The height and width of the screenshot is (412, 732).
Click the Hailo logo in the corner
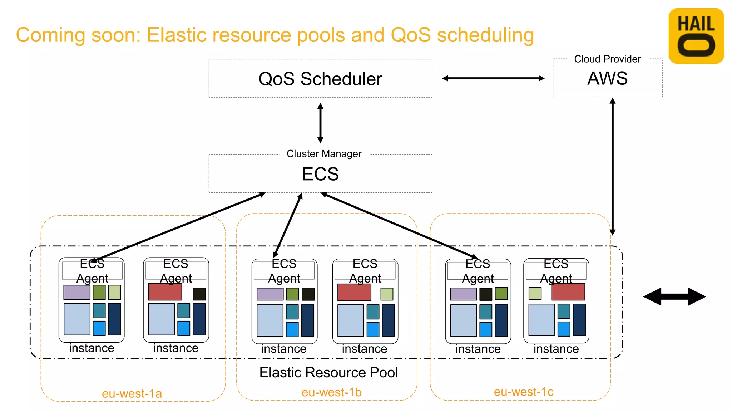coord(696,36)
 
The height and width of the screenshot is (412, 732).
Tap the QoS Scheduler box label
coord(320,79)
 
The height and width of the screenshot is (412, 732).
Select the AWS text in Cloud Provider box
coord(607,78)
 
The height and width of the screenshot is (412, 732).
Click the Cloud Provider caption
coord(607,59)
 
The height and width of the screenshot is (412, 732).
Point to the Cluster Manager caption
coord(324,154)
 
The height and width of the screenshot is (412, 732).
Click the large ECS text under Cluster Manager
coord(320,174)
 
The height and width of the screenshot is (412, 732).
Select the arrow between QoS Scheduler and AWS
coord(493,78)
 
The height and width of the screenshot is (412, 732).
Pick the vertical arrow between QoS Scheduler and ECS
coord(321,123)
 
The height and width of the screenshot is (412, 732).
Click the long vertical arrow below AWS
coord(613,166)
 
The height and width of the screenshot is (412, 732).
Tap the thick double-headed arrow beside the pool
coord(674,296)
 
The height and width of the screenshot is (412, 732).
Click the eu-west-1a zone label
coord(132,393)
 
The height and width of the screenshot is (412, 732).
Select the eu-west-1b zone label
coord(331,392)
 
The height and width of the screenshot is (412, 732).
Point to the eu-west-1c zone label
coord(524,392)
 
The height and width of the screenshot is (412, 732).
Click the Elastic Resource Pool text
coord(328,372)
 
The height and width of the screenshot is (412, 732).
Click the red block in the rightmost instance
coord(568,292)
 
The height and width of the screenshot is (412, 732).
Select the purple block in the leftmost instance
coord(77,292)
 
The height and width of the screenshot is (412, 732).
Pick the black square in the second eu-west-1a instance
coord(199,294)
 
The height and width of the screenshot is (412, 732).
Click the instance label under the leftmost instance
coord(91,348)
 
